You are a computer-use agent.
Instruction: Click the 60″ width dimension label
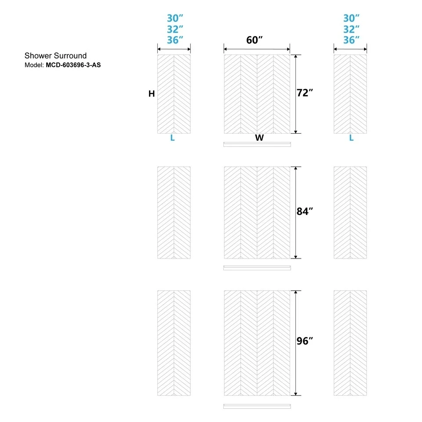[255, 40]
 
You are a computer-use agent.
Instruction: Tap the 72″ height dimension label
[305, 93]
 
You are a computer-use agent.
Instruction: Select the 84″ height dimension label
[305, 211]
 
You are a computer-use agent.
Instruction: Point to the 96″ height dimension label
[305, 341]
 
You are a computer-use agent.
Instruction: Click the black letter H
[152, 94]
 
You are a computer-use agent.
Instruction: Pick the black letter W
[259, 138]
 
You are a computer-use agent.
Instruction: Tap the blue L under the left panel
[172, 138]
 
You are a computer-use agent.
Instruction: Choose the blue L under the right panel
[351, 138]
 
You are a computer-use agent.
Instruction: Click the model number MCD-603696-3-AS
[73, 65]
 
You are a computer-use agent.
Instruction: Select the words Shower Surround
[55, 56]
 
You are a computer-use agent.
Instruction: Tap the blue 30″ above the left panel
[175, 18]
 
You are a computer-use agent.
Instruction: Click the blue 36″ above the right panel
[351, 40]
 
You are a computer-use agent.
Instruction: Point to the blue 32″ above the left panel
[175, 29]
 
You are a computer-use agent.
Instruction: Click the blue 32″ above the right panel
[351, 29]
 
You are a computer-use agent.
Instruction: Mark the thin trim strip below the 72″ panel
[257, 145]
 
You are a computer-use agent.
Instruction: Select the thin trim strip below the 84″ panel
[257, 268]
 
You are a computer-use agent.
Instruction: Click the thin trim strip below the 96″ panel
[257, 406]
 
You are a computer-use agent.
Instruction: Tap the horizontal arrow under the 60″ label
[257, 49]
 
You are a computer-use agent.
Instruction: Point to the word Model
[34, 65]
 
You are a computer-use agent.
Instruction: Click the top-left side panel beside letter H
[174, 94]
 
